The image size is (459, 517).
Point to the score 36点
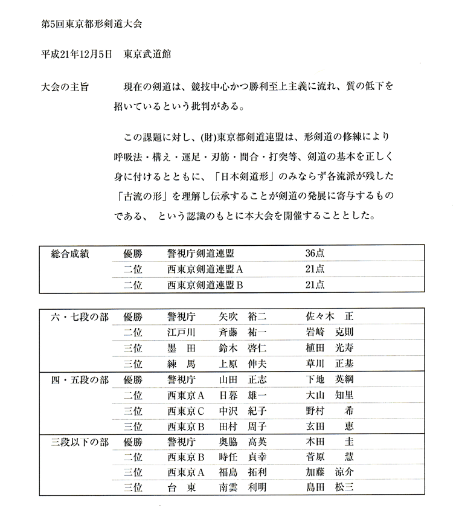click(x=315, y=254)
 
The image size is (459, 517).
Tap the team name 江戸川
click(x=181, y=332)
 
